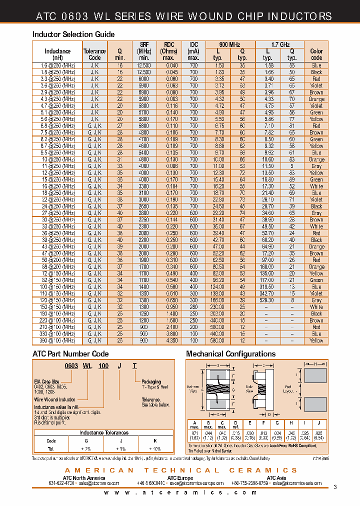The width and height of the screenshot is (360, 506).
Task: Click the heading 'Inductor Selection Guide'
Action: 73,34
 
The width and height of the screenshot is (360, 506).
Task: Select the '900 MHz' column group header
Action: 230,44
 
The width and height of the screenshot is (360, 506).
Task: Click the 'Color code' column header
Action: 316,54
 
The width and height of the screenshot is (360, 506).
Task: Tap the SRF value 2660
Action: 143,206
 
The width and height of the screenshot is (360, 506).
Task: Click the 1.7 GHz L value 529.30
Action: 268,300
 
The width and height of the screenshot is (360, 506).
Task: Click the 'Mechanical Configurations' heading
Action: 230,354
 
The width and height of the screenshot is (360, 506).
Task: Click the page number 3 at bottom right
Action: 334,487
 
